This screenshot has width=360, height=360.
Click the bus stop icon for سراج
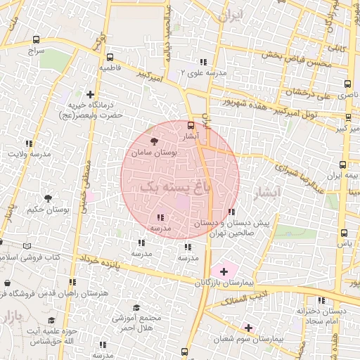tap(36, 39)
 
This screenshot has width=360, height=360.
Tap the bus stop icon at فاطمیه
tap(109, 57)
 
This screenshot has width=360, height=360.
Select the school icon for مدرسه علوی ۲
tap(203, 62)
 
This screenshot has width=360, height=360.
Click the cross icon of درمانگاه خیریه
tap(90, 94)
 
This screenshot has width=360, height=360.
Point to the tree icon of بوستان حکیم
tap(48, 198)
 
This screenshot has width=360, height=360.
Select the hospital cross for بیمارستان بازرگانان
tap(224, 271)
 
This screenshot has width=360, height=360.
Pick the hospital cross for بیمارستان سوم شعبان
tap(247, 327)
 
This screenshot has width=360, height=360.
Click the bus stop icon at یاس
tap(344, 233)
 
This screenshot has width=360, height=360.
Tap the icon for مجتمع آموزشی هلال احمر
tap(137, 307)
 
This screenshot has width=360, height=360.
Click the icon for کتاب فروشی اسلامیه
tap(27, 246)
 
